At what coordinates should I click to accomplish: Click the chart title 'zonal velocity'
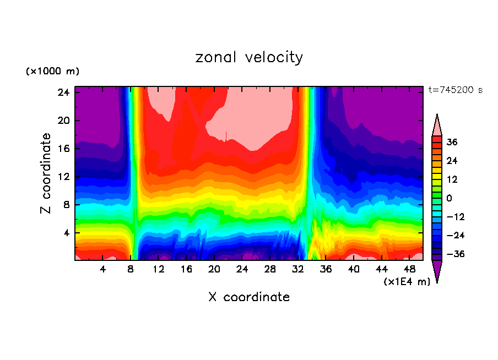coord(249,58)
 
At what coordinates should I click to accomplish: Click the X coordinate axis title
coord(249,297)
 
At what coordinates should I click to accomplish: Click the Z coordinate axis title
coord(46,173)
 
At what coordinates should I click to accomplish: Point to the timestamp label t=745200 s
coord(455,90)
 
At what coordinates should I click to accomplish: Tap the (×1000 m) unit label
coord(52,72)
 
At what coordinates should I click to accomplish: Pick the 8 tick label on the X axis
coord(131,269)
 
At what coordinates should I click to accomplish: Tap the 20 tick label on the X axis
coord(214,269)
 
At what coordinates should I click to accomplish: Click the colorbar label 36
coord(452,142)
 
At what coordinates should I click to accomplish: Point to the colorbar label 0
coord(449,198)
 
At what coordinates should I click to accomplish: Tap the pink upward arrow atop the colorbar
coord(437,124)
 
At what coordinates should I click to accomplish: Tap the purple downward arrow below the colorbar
coord(437,271)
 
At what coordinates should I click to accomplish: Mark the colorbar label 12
coord(452,179)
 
